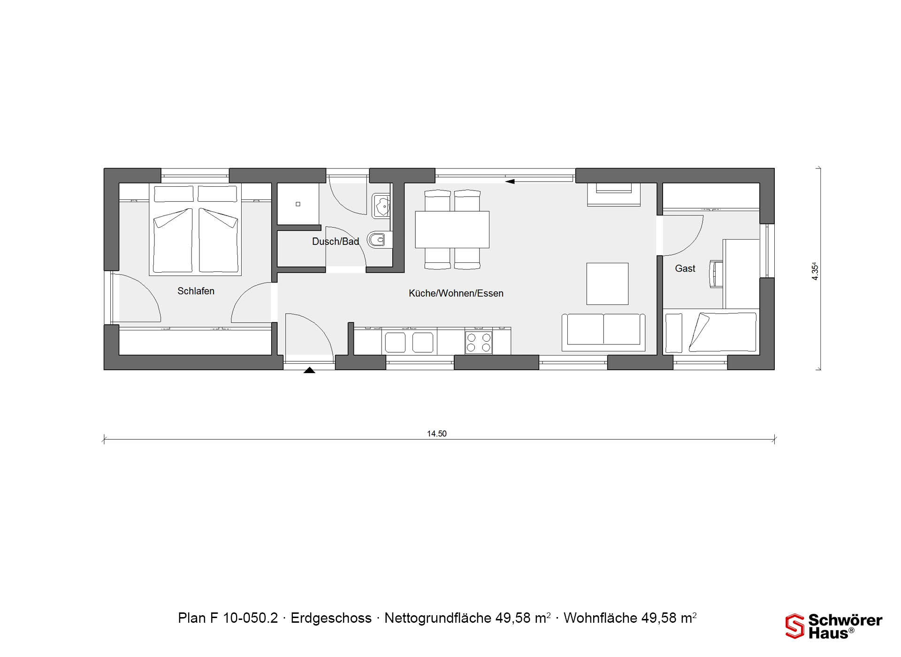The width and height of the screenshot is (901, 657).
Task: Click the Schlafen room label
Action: (x=196, y=291)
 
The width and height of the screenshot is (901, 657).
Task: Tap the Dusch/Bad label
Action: (x=336, y=241)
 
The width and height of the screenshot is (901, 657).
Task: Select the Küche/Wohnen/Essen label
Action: (x=456, y=293)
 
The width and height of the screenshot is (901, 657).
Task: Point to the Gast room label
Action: (x=685, y=268)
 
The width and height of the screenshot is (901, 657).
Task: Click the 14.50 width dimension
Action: (x=437, y=434)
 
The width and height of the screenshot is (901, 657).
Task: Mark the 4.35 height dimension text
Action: (x=815, y=271)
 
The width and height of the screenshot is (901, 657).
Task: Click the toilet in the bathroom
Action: (x=376, y=240)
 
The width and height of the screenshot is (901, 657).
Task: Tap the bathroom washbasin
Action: (x=381, y=206)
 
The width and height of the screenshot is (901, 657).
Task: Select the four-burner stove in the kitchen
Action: (x=479, y=342)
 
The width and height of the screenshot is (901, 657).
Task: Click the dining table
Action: (x=452, y=229)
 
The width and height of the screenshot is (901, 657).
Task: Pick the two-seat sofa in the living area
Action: (x=603, y=332)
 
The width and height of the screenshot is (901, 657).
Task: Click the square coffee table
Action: (x=607, y=283)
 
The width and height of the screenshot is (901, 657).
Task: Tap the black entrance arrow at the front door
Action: (x=309, y=370)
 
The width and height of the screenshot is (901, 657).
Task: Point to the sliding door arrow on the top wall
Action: (x=510, y=181)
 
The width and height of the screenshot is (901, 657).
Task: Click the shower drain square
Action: (x=298, y=204)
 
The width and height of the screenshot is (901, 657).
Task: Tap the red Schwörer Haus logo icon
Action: (x=794, y=626)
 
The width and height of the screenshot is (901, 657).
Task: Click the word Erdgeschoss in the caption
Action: (x=331, y=618)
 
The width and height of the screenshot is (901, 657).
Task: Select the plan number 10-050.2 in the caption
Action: (x=251, y=618)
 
